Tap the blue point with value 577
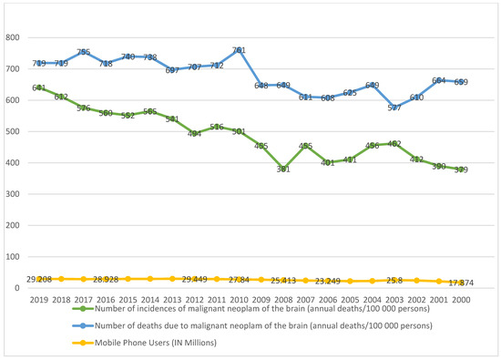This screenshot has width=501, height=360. click(394, 108)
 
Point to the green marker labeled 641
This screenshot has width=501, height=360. click(39, 88)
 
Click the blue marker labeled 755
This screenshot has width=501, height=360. click(84, 52)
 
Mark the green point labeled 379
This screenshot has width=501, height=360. click(461, 170)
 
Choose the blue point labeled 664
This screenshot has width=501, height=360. click(439, 80)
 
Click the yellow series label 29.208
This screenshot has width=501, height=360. click(39, 278)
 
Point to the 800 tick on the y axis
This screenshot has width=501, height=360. click(13, 37)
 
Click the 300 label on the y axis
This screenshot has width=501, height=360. click(13, 194)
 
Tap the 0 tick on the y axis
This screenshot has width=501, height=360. click(18, 288)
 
